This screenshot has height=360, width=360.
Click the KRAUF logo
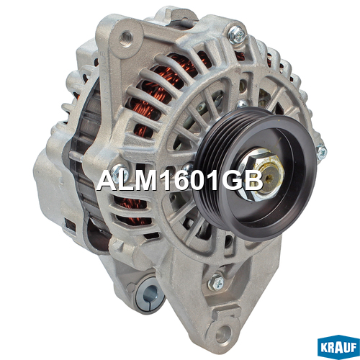[338, 347]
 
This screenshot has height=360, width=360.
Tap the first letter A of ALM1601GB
[107, 181]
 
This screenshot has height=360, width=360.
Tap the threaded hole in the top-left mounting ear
[126, 39]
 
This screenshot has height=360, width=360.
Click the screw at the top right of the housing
[237, 35]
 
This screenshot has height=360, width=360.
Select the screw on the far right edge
[321, 152]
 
